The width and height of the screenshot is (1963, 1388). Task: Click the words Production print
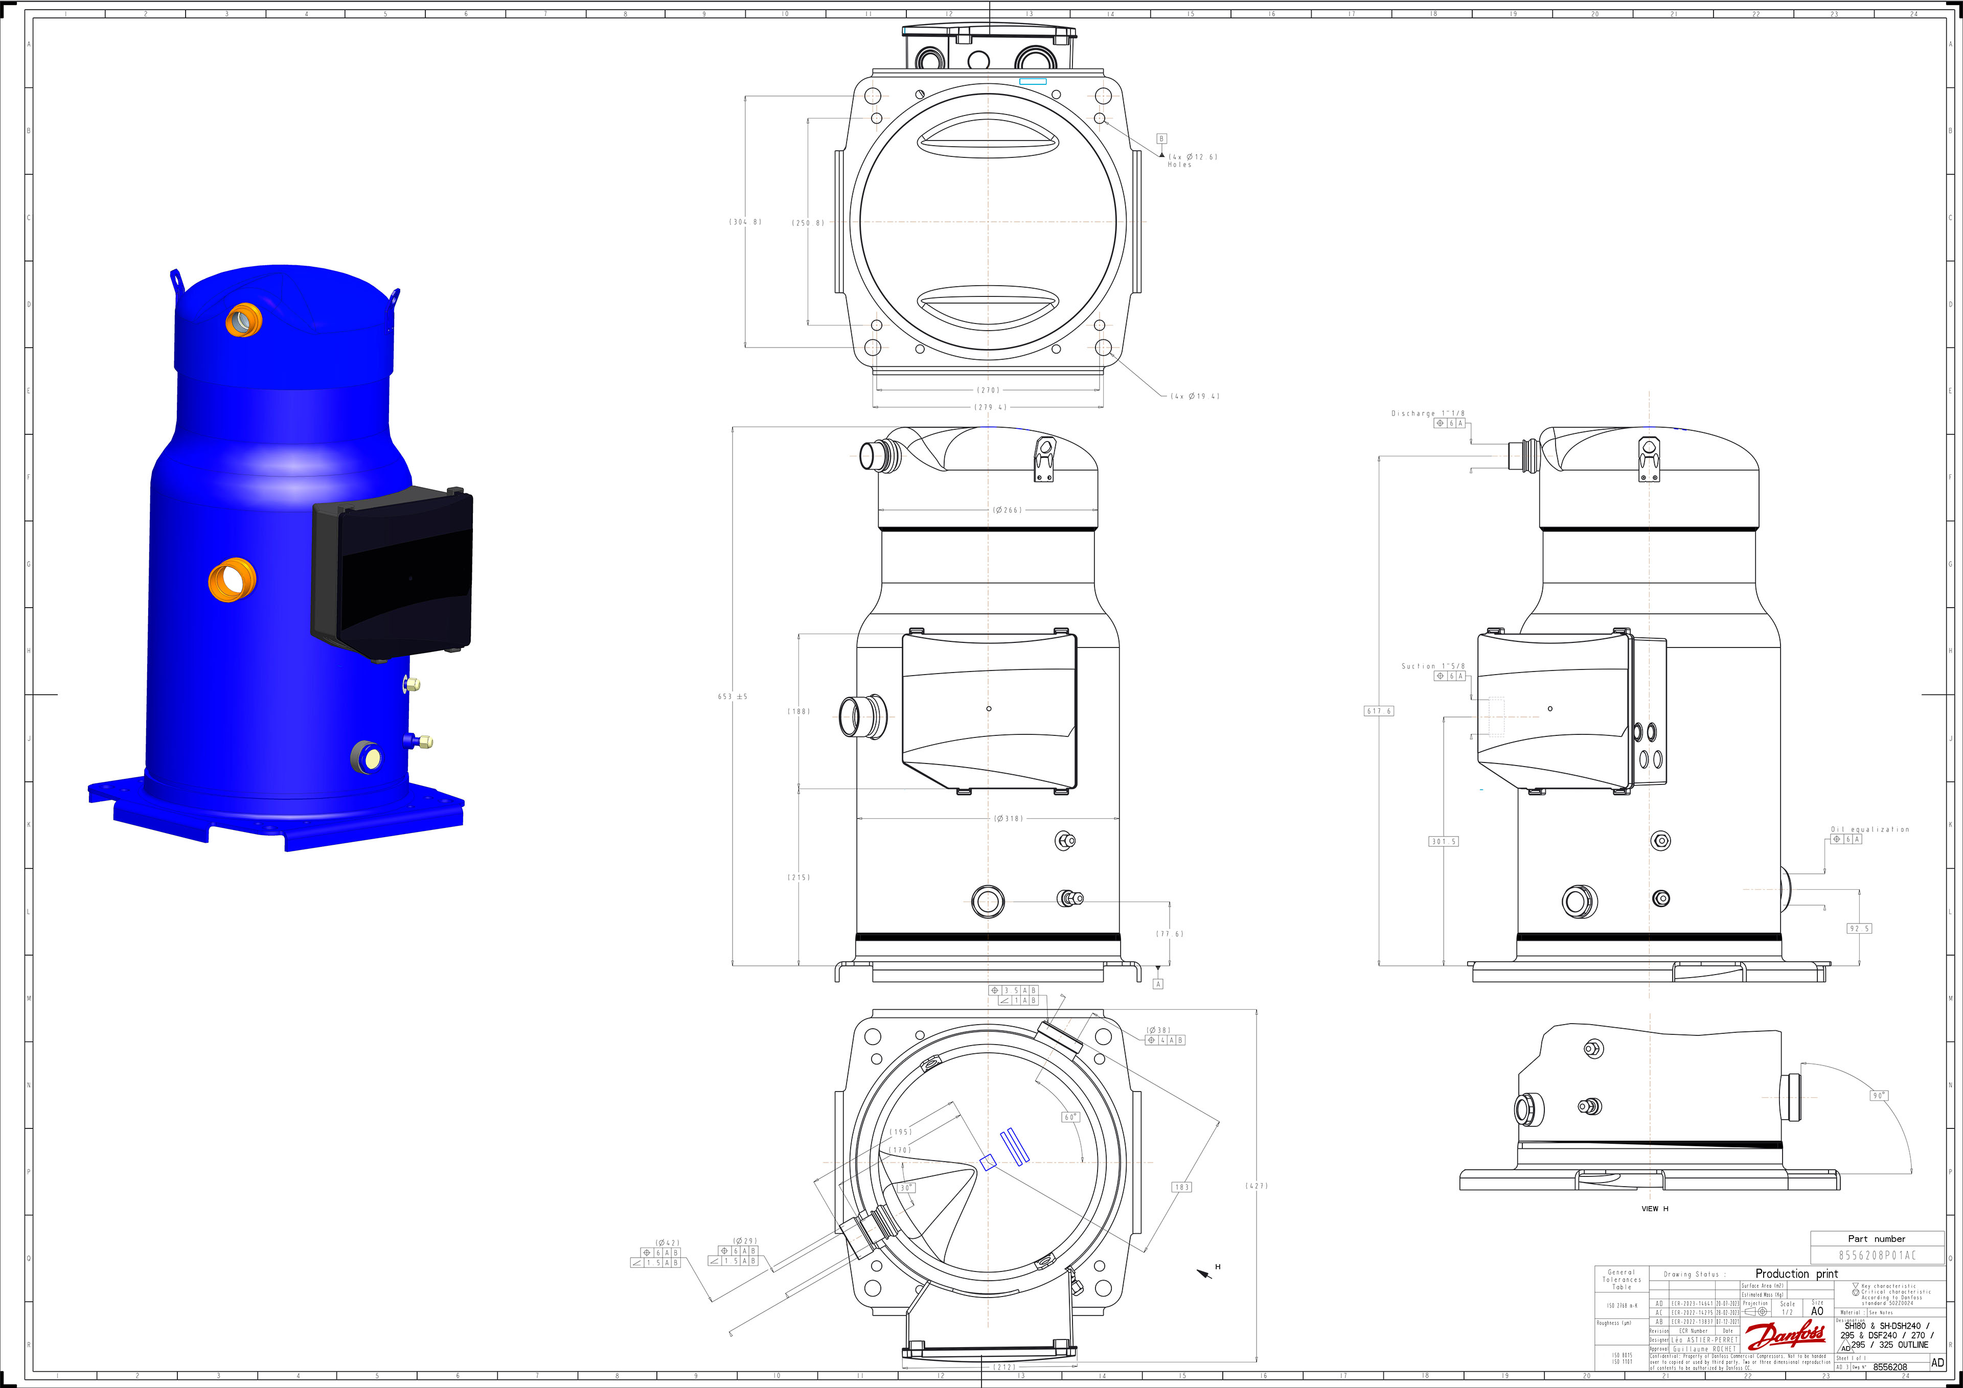1796,1274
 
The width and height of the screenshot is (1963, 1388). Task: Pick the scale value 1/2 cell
1787,1312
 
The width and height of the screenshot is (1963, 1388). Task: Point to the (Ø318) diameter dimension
1008,818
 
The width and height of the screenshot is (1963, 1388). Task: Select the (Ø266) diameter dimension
1007,510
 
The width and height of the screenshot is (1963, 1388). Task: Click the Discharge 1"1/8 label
1428,413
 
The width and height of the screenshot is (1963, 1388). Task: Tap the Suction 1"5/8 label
1433,666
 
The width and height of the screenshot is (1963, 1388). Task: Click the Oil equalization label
1870,829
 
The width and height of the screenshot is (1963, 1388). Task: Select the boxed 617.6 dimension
1378,711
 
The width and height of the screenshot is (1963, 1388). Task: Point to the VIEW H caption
1654,1209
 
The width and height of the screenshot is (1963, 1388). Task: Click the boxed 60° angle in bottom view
1070,1117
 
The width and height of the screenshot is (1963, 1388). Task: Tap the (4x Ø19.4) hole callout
1195,396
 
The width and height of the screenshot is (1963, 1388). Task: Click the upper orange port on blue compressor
244,319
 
